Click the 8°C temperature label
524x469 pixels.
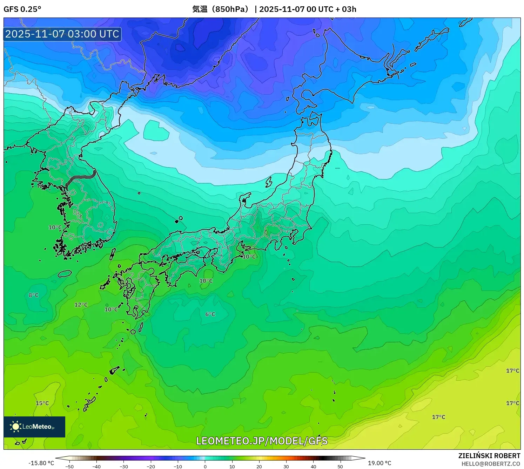(x=34, y=295)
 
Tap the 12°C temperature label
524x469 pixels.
(x=81, y=305)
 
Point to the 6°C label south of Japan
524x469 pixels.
(x=210, y=314)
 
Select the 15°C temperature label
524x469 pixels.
(x=42, y=403)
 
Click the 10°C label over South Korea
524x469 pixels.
(x=55, y=227)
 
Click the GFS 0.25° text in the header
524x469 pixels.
(x=22, y=9)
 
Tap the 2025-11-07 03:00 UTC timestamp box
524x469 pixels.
(x=62, y=34)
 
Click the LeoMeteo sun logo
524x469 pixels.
(x=15, y=427)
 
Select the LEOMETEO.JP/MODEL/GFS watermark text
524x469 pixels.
(x=262, y=441)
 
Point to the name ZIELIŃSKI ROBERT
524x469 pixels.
(x=489, y=456)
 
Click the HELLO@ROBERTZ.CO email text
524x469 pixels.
(x=491, y=464)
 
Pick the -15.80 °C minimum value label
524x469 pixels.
(x=41, y=463)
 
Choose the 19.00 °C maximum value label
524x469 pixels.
(x=379, y=463)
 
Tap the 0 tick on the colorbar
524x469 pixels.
(x=205, y=466)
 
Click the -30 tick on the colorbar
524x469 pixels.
(x=124, y=466)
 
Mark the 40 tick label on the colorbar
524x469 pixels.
(x=313, y=466)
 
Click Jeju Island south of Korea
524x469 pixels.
(x=65, y=273)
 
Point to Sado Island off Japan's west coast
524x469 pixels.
(x=269, y=182)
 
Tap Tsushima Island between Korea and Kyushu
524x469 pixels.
(x=113, y=253)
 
